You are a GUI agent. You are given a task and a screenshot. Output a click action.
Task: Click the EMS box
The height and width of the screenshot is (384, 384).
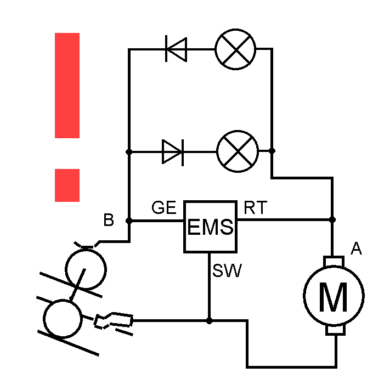210,226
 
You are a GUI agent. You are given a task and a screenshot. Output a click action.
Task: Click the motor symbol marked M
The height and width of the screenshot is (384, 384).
334,296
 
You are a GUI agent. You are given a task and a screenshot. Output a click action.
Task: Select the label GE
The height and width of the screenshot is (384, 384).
164,208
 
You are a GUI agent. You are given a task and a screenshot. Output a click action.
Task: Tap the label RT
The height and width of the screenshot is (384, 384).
255,208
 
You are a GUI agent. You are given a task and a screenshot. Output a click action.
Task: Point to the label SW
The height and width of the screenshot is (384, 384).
228,270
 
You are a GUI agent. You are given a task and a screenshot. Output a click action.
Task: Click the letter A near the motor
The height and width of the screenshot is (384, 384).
356,250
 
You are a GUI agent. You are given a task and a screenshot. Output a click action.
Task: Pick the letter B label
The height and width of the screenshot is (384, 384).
109,221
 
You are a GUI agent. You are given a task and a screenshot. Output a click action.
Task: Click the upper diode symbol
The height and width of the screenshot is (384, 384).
176,49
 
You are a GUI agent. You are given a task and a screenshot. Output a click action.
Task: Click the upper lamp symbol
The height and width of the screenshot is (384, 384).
235,49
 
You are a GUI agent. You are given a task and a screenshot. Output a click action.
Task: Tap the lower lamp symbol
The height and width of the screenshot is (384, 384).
238,151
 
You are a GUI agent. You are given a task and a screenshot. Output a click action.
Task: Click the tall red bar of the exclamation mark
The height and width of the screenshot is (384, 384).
67,85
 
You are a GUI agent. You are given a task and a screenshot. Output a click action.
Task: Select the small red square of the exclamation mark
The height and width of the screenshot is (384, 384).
67,185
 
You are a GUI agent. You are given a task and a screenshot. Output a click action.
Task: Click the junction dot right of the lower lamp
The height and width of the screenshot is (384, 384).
272,150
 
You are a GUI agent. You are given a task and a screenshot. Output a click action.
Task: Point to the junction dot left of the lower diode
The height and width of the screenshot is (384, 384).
129,151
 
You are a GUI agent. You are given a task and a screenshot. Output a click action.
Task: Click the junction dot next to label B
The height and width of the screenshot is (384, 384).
129,221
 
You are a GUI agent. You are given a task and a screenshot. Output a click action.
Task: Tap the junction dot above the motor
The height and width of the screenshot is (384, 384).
332,219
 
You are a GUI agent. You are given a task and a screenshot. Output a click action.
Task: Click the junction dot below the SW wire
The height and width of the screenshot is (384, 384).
209,320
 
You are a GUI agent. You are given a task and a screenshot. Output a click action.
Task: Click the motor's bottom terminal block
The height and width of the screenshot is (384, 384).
334,329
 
